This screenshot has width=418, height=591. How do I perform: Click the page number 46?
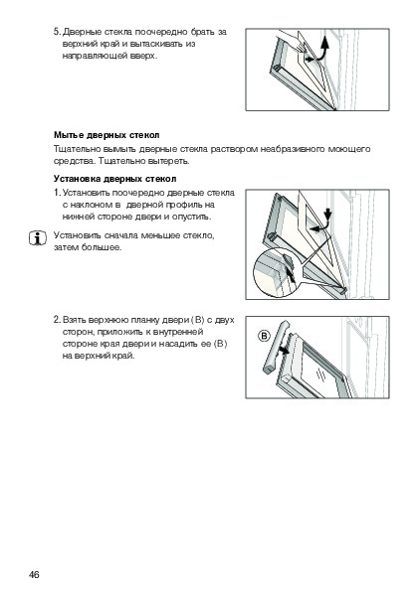tap(34, 574)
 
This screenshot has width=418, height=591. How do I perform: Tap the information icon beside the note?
tap(38, 238)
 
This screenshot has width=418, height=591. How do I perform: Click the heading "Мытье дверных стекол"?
tap(106, 135)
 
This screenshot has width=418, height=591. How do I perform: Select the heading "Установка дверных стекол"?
tap(115, 179)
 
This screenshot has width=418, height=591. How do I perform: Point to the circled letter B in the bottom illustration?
tap(265, 336)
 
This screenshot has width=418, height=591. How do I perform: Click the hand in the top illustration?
tap(291, 41)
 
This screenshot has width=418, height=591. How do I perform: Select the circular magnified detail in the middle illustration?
tap(277, 273)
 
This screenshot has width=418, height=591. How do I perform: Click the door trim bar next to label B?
tap(276, 347)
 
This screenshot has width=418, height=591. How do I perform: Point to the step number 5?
tap(57, 32)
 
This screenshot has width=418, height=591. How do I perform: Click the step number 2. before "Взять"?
tap(57, 320)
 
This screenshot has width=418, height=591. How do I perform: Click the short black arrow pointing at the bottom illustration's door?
tap(284, 351)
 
